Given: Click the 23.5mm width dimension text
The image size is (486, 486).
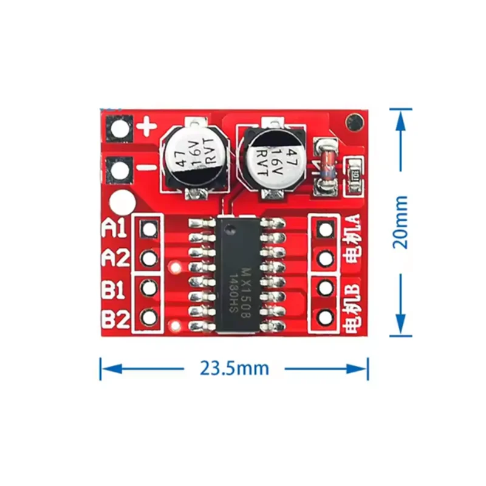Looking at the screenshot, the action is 234,368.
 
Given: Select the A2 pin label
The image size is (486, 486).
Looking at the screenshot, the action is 115,258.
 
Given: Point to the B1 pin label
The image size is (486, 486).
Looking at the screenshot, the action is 114,289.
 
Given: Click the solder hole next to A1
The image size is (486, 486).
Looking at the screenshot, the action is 149,230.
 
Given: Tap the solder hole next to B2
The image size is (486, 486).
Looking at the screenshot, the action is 149,317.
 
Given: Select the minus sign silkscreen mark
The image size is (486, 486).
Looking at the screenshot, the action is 147,168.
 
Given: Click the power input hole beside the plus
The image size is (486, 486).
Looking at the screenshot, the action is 120,129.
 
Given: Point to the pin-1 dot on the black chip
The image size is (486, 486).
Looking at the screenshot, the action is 230,230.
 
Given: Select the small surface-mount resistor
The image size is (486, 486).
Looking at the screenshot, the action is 354,177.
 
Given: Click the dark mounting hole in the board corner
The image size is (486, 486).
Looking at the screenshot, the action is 354,123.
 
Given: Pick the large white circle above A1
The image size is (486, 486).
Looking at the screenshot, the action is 123,202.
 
